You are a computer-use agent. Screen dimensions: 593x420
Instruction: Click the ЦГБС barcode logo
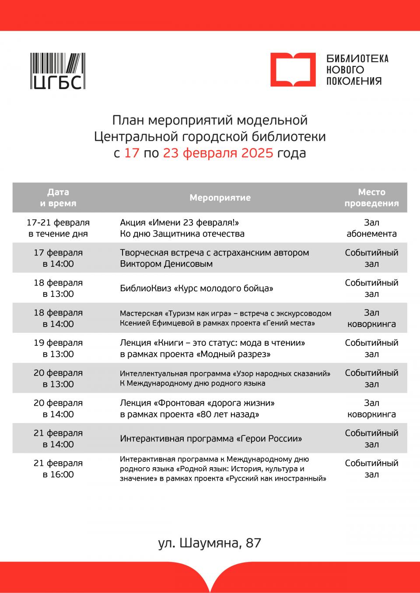coord(58,71)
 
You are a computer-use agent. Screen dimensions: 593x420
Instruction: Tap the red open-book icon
coord(293,70)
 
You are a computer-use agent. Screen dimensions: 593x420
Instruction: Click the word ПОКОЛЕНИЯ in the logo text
coord(354,81)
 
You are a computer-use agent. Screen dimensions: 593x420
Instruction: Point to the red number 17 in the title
coord(132,153)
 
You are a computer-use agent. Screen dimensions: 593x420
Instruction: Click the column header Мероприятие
coord(220,198)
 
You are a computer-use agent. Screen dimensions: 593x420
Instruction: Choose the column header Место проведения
coord(371,198)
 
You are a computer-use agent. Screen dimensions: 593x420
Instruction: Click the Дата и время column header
coord(58,198)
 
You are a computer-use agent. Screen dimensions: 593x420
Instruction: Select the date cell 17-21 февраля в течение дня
coord(58,228)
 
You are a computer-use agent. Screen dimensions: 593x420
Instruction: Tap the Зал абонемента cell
coord(371,228)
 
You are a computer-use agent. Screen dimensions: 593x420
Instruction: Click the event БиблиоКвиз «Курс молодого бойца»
coord(196,288)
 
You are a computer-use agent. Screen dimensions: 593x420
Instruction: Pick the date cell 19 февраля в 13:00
coord(58,348)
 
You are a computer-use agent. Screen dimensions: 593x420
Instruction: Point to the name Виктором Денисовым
coord(166,264)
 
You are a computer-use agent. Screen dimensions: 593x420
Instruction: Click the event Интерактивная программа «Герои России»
coord(211,438)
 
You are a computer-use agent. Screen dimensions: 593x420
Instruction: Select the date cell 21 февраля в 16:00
coord(58,469)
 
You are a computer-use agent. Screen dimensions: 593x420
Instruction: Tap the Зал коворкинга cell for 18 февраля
coord(371,318)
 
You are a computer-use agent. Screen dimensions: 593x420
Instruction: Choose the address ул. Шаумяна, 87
coord(210,543)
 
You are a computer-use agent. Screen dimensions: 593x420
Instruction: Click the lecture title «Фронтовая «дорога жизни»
coord(214,403)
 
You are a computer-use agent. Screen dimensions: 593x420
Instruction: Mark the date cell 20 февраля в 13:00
coord(58,379)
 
